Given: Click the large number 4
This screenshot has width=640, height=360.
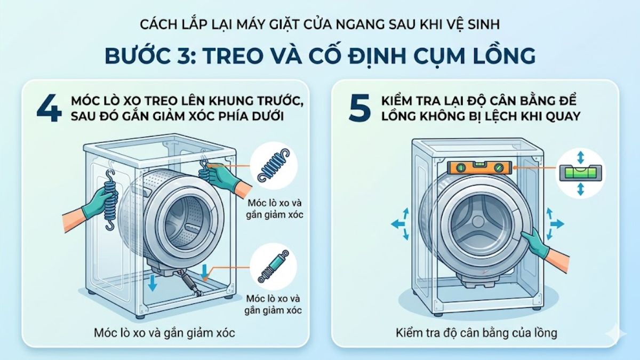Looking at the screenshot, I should [x=50, y=108].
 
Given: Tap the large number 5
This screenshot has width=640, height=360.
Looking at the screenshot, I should [x=359, y=108].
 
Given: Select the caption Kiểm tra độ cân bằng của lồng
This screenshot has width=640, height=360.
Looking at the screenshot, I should [x=476, y=333].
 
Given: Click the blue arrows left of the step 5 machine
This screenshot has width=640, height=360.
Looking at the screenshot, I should [x=401, y=225].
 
